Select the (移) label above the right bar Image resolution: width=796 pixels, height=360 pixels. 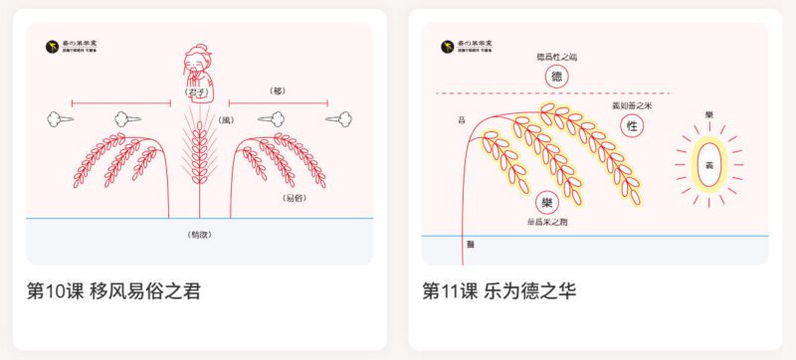pyautogui.click(x=278, y=90)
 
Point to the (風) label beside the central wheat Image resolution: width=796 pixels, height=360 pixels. pyautogui.click(x=226, y=120)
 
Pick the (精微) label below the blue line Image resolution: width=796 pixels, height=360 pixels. pyautogui.click(x=199, y=235)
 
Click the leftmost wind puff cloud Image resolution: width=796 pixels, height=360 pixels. pyautogui.click(x=57, y=119)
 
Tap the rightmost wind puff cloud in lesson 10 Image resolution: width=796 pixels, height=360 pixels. pyautogui.click(x=338, y=119)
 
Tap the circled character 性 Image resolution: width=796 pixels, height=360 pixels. pyautogui.click(x=631, y=126)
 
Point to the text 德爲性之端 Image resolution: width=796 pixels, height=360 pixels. pyautogui.click(x=557, y=58)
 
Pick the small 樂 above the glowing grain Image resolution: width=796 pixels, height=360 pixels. pyautogui.click(x=708, y=115)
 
